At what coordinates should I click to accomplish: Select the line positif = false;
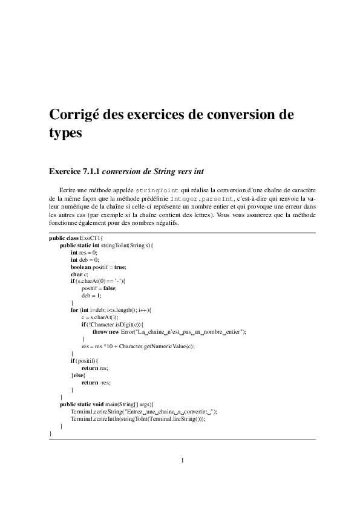point(99,288)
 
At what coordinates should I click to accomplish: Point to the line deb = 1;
point(92,296)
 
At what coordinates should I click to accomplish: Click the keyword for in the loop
point(74,310)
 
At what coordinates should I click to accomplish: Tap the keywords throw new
point(105,331)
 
